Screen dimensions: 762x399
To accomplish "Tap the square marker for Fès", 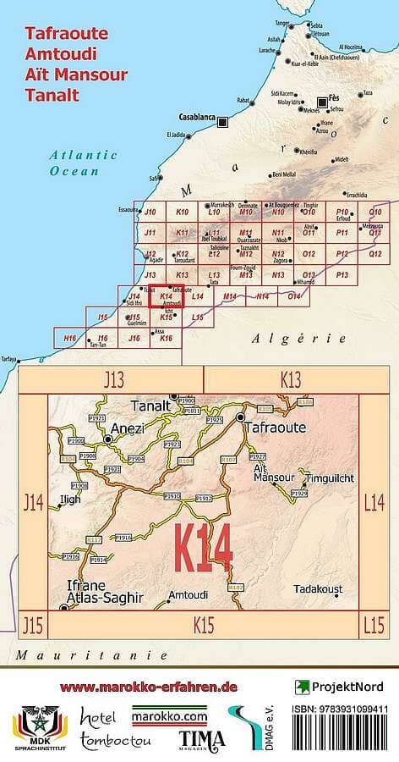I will pos(321,98).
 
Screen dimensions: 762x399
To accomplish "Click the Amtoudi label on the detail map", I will pos(188,596).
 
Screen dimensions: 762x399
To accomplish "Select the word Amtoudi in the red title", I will pos(60,54).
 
